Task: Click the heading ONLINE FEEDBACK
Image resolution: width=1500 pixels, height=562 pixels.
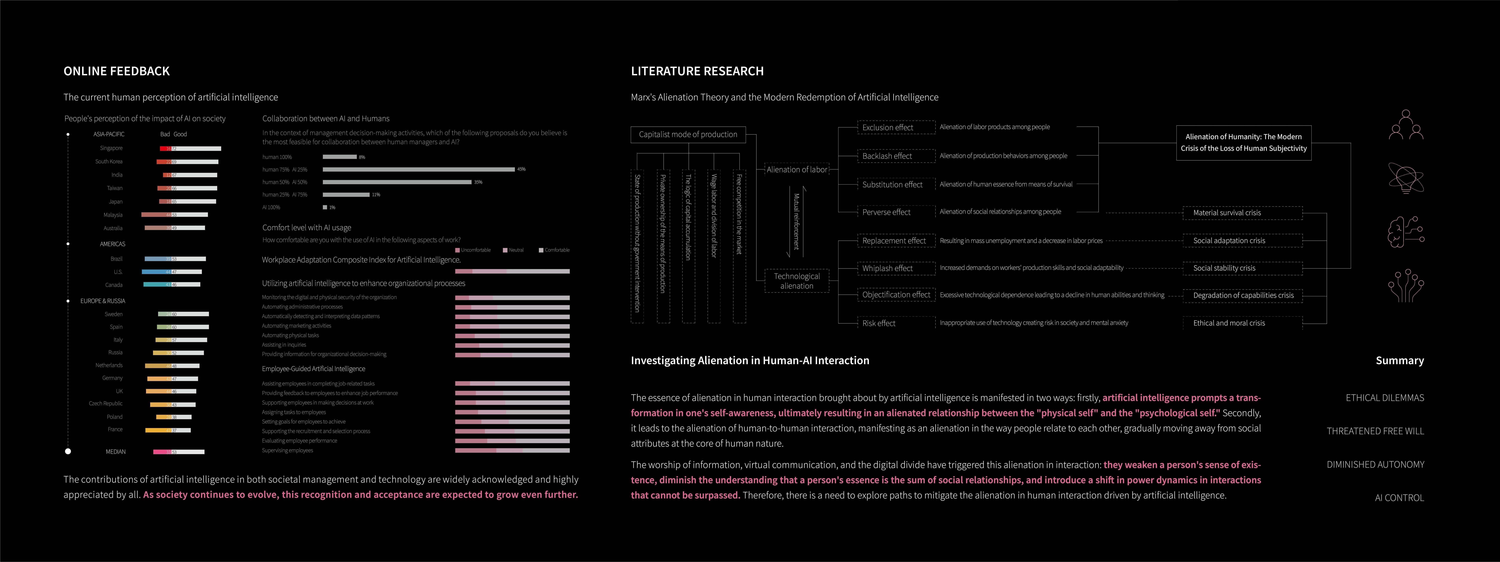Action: click(117, 71)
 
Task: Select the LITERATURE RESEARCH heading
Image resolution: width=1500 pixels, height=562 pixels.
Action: click(697, 71)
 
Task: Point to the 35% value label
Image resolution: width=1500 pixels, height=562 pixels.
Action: click(478, 182)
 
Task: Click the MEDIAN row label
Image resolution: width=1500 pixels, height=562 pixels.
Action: click(115, 451)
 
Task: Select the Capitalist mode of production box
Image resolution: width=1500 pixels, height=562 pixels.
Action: click(688, 134)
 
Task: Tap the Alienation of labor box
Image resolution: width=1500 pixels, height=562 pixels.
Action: click(797, 169)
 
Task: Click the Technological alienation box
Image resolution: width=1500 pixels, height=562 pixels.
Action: click(797, 281)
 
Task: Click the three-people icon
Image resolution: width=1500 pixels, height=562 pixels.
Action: click(1406, 125)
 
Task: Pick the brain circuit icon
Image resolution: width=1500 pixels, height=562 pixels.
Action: click(1406, 232)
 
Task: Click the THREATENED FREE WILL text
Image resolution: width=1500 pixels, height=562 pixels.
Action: click(1375, 431)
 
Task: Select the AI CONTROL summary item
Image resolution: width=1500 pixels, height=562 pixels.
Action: click(1399, 498)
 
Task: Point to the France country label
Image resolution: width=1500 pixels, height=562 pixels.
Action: click(115, 429)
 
